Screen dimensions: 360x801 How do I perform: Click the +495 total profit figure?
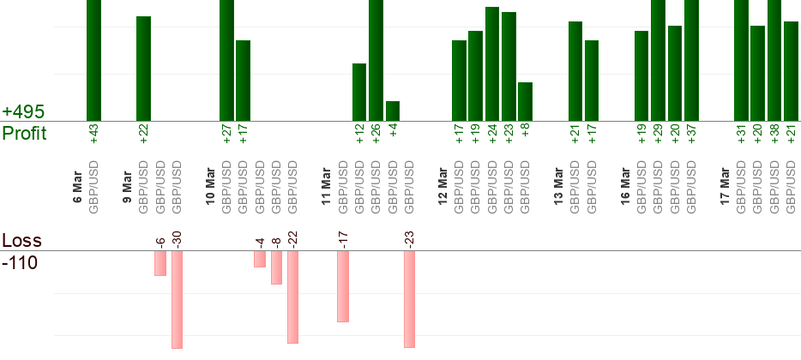[x=23, y=112]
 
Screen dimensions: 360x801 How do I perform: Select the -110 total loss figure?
[x=20, y=262]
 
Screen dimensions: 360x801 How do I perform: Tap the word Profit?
[x=25, y=134]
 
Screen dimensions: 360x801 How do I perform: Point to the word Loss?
[x=21, y=240]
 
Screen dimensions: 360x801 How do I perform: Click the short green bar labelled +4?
[x=393, y=111]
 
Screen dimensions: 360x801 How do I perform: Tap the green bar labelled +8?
[x=526, y=102]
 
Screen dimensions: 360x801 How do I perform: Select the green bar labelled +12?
[x=359, y=93]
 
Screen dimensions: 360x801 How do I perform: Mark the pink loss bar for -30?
[x=177, y=300]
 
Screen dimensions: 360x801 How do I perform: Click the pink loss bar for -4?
[x=260, y=259]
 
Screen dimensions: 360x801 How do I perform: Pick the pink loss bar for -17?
[x=343, y=286]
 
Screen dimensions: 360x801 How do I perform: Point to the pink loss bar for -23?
[x=409, y=299]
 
